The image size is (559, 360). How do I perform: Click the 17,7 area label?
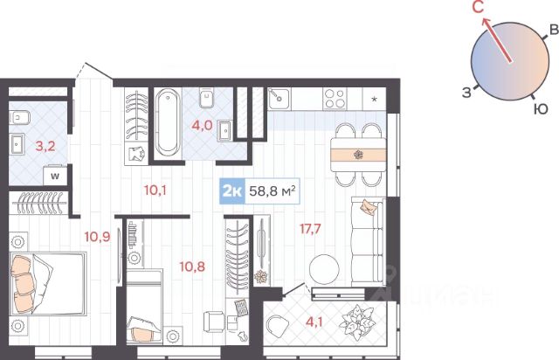click(x=310, y=229)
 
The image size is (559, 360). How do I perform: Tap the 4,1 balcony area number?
click(x=314, y=322)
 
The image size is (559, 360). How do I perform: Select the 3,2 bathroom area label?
click(x=45, y=146)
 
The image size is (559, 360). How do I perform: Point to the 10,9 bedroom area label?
click(x=97, y=236)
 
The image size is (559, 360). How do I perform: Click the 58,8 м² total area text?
click(x=272, y=191)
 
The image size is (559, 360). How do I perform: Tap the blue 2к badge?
click(x=232, y=191)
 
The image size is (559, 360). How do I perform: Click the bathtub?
click(x=168, y=122)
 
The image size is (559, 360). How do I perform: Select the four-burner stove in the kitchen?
click(x=335, y=99)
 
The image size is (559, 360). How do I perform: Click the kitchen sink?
click(x=279, y=99)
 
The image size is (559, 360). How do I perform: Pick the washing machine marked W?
click(x=55, y=176)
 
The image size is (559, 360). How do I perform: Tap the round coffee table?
click(x=324, y=269)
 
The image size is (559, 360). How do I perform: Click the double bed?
click(x=48, y=284)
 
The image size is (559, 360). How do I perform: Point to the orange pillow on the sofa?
click(x=369, y=207)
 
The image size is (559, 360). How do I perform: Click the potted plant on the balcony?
click(x=357, y=323)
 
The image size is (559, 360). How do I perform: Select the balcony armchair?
click(x=278, y=325)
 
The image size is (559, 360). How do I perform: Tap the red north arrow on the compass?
click(x=497, y=40)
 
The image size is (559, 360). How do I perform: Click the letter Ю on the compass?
click(x=541, y=108)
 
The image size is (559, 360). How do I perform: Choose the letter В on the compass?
click(x=554, y=30)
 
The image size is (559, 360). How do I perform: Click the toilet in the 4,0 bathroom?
click(x=207, y=98)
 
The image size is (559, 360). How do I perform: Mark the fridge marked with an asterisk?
click(x=374, y=99)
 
